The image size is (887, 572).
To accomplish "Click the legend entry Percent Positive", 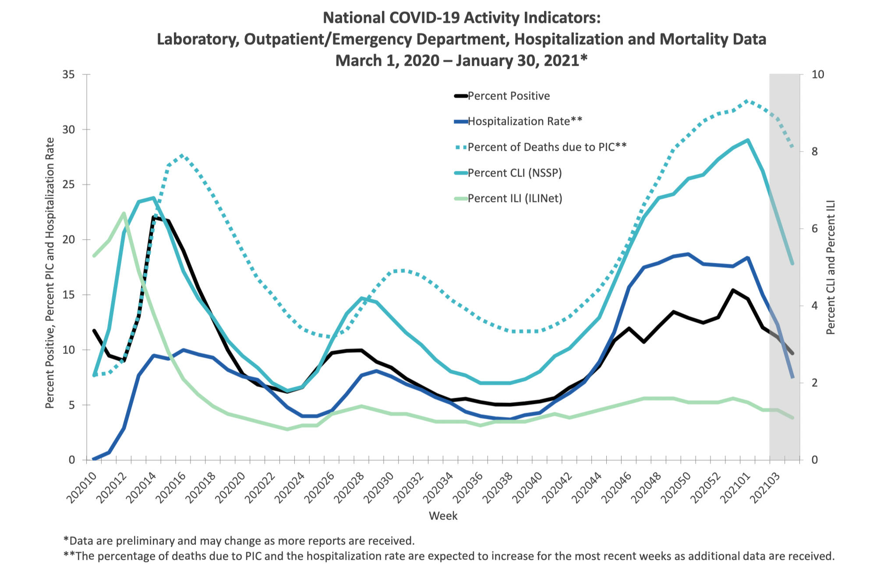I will [x=509, y=96].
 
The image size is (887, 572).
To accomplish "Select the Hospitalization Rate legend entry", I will [x=525, y=121].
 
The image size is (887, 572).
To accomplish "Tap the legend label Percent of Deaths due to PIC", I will [x=547, y=147].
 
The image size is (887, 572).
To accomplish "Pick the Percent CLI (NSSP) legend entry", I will [x=514, y=173].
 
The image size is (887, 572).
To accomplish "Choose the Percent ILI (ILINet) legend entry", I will [x=515, y=198].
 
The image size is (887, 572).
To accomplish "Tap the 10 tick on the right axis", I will [x=817, y=74].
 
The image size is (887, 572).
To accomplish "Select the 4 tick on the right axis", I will [x=815, y=306].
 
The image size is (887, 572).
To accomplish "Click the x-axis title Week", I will [x=443, y=516].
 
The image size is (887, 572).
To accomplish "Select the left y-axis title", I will [x=50, y=273].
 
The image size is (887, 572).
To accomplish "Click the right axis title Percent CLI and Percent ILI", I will [x=831, y=267].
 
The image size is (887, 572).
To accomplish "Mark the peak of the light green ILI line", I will [x=124, y=213].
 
